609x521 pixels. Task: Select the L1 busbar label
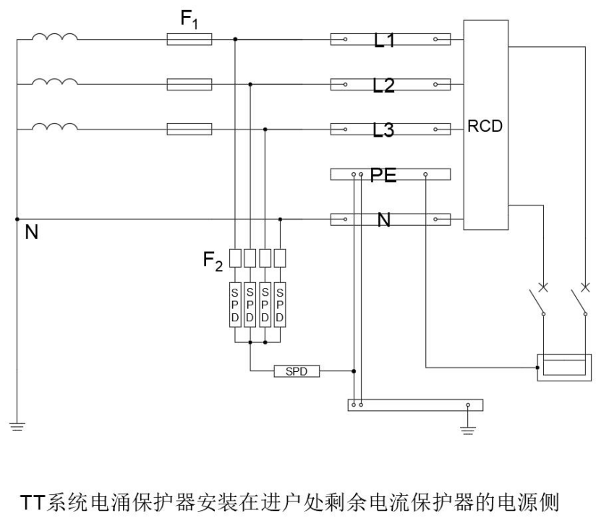tap(384, 41)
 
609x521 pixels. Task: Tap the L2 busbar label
tap(384, 85)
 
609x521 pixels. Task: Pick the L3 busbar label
tap(384, 131)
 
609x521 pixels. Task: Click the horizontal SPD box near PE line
tap(296, 371)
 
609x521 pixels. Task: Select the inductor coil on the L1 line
tap(55, 38)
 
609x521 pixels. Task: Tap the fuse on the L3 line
tap(189, 130)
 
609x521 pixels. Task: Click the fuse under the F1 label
tap(189, 40)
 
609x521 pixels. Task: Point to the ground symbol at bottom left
tap(16, 426)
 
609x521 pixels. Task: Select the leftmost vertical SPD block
tap(235, 305)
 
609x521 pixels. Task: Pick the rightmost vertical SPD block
tap(281, 305)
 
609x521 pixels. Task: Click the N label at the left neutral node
tap(31, 234)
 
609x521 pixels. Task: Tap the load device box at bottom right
tap(563, 367)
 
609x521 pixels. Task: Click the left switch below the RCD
tap(537, 302)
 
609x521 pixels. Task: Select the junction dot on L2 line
tap(250, 85)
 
